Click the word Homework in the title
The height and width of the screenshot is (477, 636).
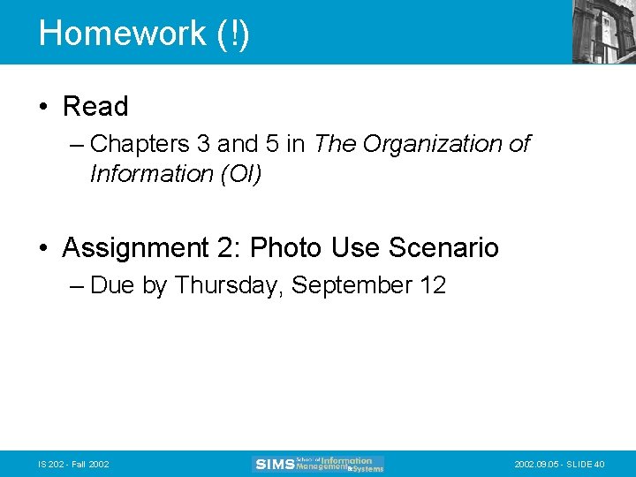click(x=122, y=34)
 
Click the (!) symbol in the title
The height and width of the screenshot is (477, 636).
click(x=232, y=34)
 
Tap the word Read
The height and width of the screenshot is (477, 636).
click(x=95, y=107)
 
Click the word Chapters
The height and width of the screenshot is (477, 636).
click(x=140, y=143)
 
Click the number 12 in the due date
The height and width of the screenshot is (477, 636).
click(x=434, y=285)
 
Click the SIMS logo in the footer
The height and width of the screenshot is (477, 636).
click(x=318, y=464)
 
